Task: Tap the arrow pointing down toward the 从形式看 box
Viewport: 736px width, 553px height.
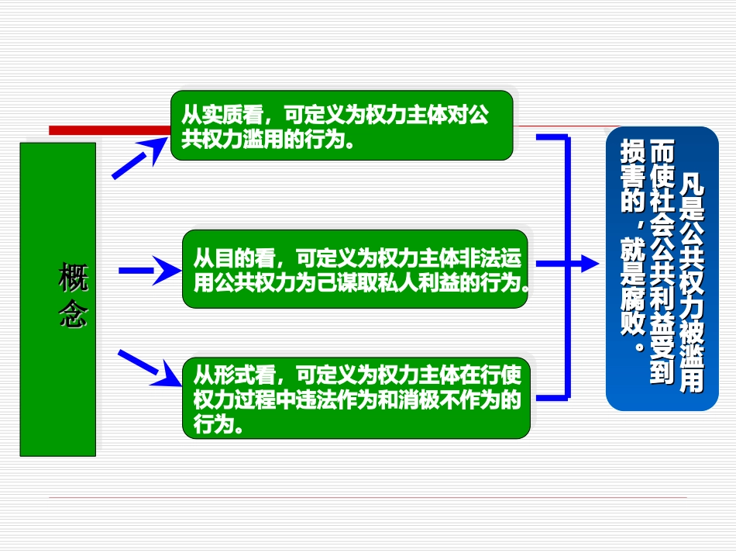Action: click(147, 368)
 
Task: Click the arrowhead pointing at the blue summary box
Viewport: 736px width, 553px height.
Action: click(588, 264)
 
